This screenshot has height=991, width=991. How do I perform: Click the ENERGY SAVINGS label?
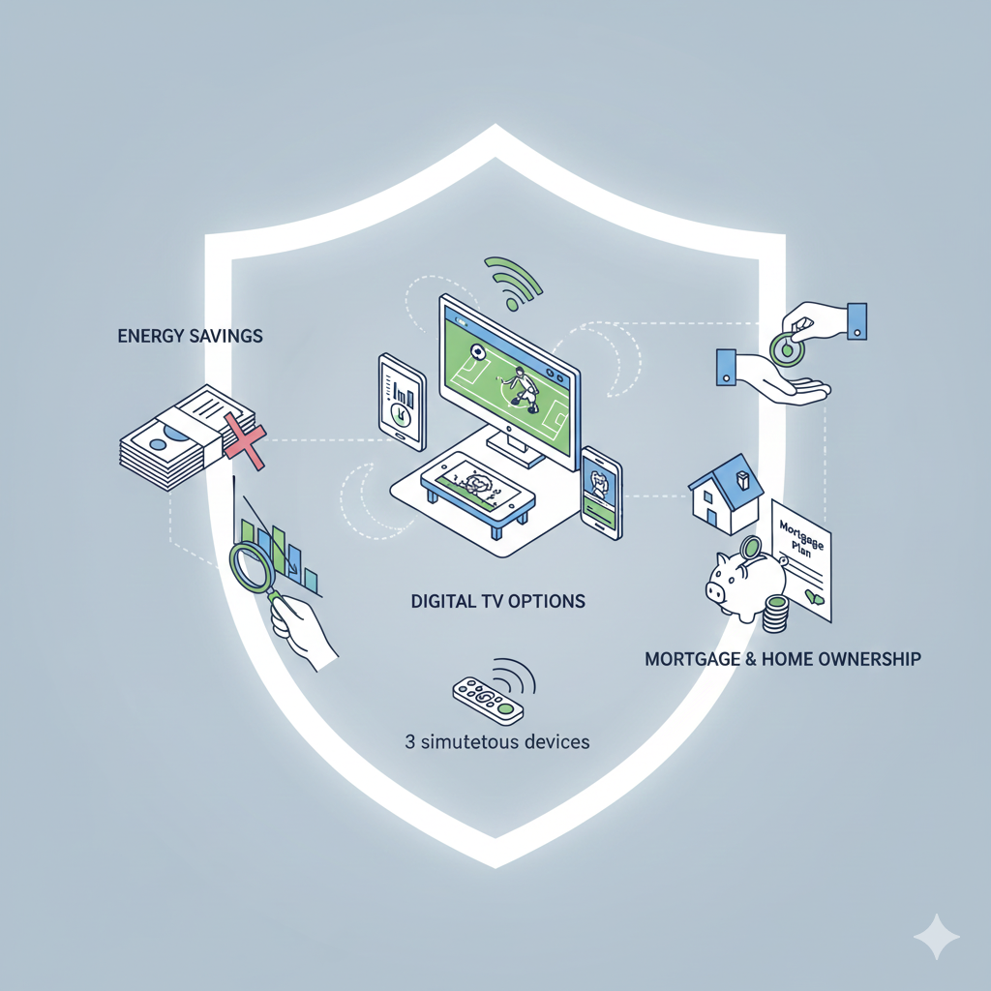coord(190,337)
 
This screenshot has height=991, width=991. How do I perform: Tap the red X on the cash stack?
coord(244,439)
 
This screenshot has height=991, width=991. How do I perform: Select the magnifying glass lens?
coord(253,566)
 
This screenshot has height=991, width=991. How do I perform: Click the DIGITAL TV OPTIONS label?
coord(498,601)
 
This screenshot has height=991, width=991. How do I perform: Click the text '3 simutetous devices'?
coord(497,743)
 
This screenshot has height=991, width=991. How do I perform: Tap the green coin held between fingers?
coord(786,349)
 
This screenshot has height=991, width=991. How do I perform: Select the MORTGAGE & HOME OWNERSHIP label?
coord(782,659)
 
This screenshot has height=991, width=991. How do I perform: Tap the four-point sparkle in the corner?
coord(936,936)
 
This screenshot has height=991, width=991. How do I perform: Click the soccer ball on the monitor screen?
coord(476,352)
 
